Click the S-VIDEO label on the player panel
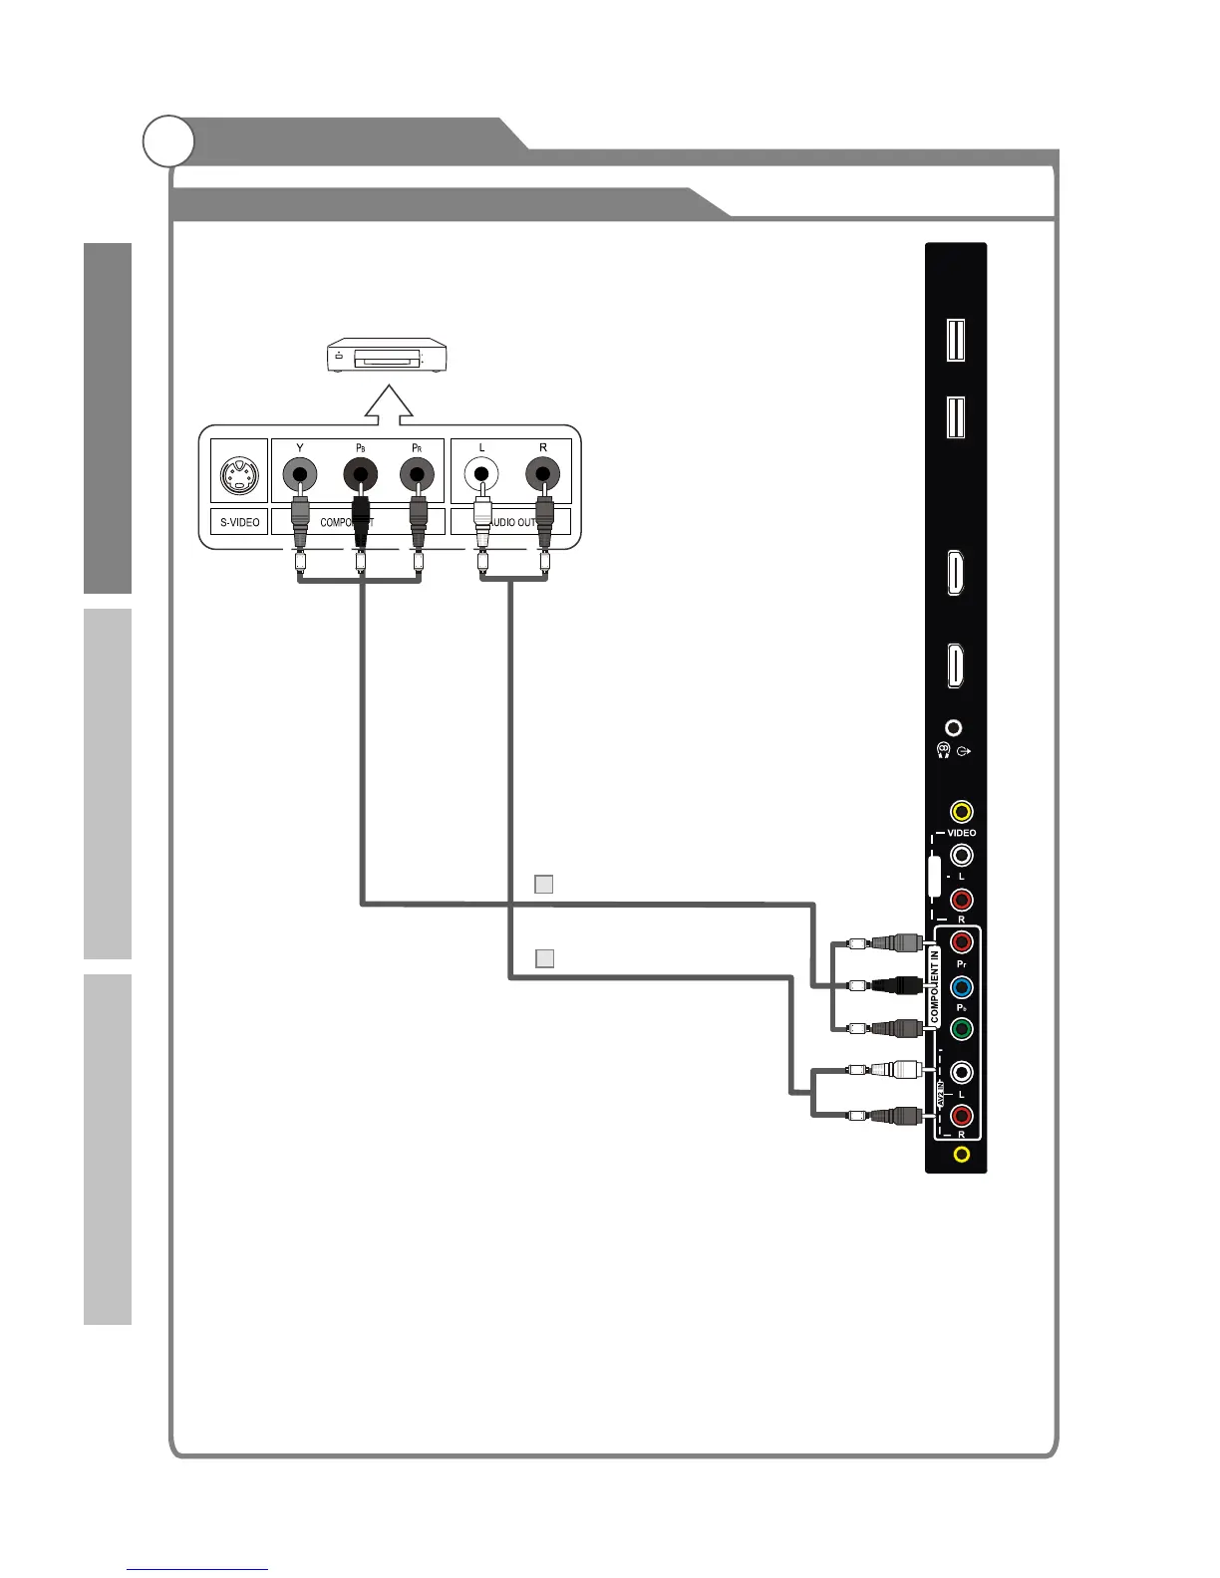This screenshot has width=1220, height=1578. point(239,522)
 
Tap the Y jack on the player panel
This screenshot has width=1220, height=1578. point(300,474)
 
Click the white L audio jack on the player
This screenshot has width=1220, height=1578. point(482,474)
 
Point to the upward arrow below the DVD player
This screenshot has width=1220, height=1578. point(390,400)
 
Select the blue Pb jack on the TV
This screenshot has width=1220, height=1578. point(961,986)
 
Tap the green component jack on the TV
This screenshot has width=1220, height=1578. point(961,1028)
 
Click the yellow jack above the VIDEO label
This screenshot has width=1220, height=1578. point(961,812)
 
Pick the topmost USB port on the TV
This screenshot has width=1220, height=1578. point(955,337)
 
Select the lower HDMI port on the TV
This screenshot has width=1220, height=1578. point(955,665)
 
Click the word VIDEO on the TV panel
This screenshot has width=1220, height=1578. point(961,833)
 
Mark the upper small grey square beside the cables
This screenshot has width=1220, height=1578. point(543,884)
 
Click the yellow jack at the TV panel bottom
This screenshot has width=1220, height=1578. point(961,1155)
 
